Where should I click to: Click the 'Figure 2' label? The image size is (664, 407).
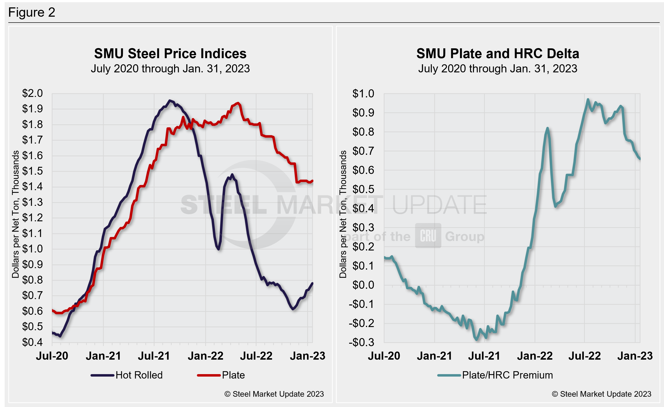pyautogui.click(x=32, y=13)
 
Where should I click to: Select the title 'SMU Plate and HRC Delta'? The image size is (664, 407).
pyautogui.click(x=498, y=53)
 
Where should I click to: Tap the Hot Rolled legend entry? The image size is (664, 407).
pyautogui.click(x=127, y=375)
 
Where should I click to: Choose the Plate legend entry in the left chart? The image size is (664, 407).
pyautogui.click(x=221, y=375)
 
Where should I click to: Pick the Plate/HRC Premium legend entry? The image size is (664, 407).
pyautogui.click(x=495, y=375)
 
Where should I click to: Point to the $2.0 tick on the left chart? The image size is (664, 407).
pyautogui.click(x=32, y=93)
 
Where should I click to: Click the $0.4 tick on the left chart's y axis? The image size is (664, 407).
pyautogui.click(x=32, y=342)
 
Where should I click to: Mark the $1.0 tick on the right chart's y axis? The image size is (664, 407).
pyautogui.click(x=363, y=93)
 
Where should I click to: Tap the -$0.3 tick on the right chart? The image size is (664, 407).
pyautogui.click(x=362, y=342)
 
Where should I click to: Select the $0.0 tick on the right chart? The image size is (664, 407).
pyautogui.click(x=363, y=285)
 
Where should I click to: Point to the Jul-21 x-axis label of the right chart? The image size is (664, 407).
pyautogui.click(x=484, y=356)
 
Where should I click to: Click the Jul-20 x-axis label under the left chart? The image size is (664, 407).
pyautogui.click(x=52, y=356)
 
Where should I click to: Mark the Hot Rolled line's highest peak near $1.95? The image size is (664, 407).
pyautogui.click(x=169, y=101)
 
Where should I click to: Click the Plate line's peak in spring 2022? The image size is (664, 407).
pyautogui.click(x=237, y=103)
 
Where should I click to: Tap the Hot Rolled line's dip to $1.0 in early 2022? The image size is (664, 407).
pyautogui.click(x=218, y=249)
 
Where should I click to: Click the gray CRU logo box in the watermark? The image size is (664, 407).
pyautogui.click(x=428, y=236)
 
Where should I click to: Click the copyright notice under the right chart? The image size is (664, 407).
pyautogui.click(x=601, y=394)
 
